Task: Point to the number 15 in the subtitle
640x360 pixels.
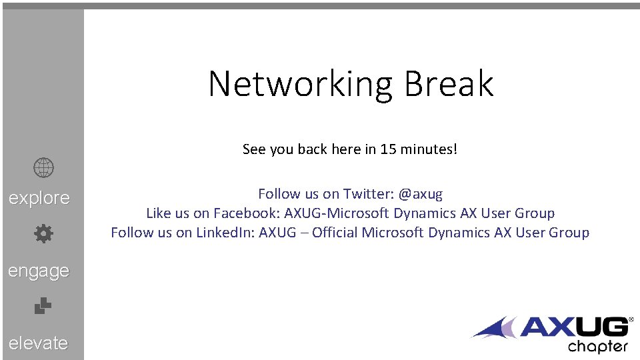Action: tap(389, 149)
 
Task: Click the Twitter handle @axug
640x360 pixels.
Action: tap(420, 194)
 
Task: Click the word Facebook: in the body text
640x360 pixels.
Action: tap(247, 213)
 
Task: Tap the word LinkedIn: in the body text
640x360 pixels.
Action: tap(224, 233)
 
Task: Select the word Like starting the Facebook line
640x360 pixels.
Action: tap(159, 213)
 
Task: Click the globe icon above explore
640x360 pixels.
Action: tap(43, 169)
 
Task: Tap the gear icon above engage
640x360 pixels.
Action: tap(43, 233)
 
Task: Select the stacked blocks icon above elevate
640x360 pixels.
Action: tap(43, 305)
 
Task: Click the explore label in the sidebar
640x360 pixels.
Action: tap(39, 198)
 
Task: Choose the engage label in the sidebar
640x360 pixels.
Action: tap(39, 271)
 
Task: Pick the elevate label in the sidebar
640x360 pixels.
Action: tap(39, 343)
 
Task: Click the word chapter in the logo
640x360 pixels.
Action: tap(597, 347)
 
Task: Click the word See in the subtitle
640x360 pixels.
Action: tap(254, 149)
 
